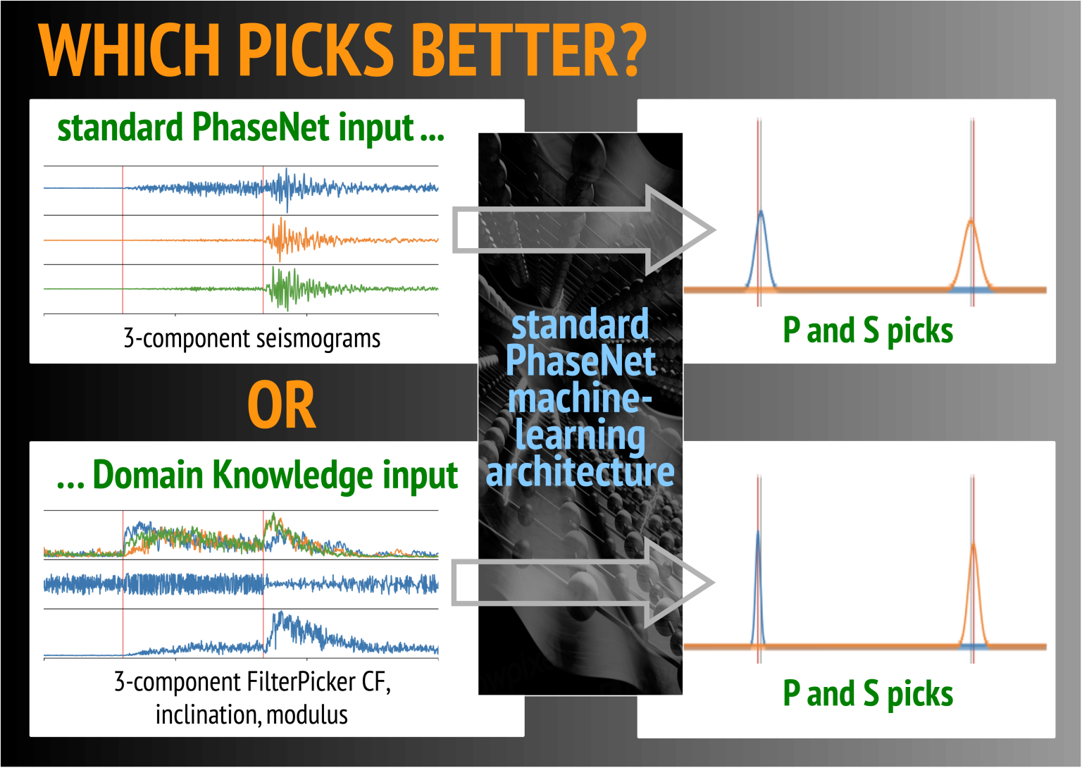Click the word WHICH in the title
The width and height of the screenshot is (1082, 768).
click(130, 50)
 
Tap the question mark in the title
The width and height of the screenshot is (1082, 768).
click(628, 50)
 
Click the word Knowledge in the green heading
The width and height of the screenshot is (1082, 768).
click(292, 476)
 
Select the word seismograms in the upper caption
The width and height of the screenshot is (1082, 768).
click(318, 339)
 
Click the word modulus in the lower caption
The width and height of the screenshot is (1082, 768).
click(306, 714)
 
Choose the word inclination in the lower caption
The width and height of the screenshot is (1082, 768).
click(209, 715)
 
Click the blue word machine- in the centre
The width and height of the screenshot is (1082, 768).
click(580, 398)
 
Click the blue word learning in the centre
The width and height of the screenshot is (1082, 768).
click(580, 435)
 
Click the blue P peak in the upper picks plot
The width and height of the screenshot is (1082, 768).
click(761, 211)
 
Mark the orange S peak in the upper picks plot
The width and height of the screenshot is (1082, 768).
click(971, 221)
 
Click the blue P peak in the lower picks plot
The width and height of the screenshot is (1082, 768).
click(758, 531)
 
